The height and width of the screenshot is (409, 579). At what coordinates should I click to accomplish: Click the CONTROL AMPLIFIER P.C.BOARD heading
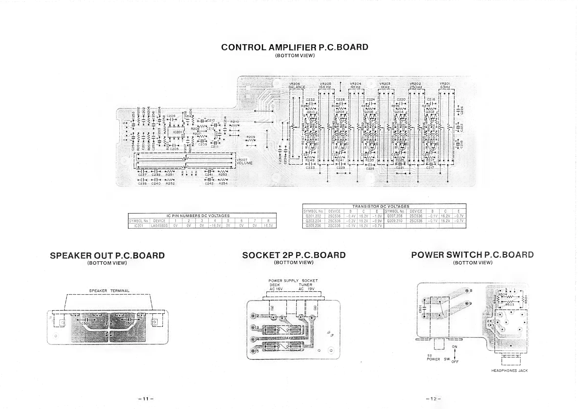click(x=295, y=47)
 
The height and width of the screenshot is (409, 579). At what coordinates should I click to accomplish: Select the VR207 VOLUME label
click(x=244, y=162)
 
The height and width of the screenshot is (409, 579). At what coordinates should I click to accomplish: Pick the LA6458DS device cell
click(x=159, y=226)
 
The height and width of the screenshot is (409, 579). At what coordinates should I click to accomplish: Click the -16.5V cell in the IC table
click(x=215, y=226)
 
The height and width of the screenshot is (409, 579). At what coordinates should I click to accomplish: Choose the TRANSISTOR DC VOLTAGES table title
click(x=381, y=206)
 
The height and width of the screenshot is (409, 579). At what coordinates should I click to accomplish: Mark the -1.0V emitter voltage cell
click(x=377, y=216)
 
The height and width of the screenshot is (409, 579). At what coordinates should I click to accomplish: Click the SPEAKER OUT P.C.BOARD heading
click(x=107, y=255)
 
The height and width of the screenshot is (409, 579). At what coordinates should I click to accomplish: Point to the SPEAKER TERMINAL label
click(x=109, y=291)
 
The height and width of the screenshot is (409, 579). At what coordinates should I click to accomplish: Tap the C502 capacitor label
click(x=130, y=323)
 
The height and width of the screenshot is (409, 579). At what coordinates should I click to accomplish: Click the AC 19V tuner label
click(x=306, y=289)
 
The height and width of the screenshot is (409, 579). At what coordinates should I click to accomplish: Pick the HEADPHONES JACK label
click(x=509, y=371)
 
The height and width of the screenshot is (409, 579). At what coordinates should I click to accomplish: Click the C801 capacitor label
click(x=420, y=309)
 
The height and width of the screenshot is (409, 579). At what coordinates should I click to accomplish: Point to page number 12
click(x=433, y=399)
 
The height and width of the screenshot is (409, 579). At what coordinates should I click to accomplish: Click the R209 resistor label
click(x=251, y=137)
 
